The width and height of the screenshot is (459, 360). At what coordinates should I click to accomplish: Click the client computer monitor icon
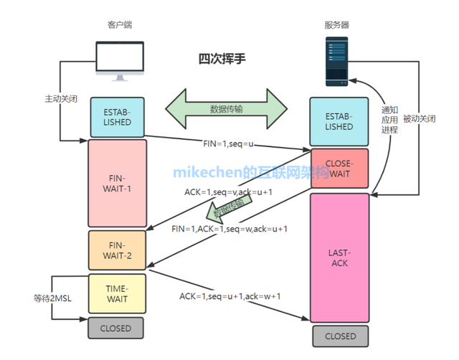tap(120, 60)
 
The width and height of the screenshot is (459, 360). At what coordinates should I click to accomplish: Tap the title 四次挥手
tap(222, 58)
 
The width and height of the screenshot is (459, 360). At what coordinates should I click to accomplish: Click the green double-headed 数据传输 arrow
tap(227, 110)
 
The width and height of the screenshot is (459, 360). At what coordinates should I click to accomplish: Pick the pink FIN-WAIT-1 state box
tap(116, 183)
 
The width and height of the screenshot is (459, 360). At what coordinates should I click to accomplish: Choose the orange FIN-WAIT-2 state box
tap(116, 249)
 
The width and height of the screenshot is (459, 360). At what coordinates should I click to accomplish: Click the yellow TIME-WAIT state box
tap(116, 292)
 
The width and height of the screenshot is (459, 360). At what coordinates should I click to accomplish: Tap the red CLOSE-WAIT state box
tap(339, 168)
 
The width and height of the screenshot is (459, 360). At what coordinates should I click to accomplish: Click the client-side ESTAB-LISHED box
tap(117, 118)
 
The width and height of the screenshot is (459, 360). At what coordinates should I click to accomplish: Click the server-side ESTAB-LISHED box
tap(339, 121)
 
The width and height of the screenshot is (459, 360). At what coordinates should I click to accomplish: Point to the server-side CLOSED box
tap(340, 336)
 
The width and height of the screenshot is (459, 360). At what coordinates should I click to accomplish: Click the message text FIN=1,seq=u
tap(228, 143)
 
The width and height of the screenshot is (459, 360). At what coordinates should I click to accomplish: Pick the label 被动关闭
tap(420, 118)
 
